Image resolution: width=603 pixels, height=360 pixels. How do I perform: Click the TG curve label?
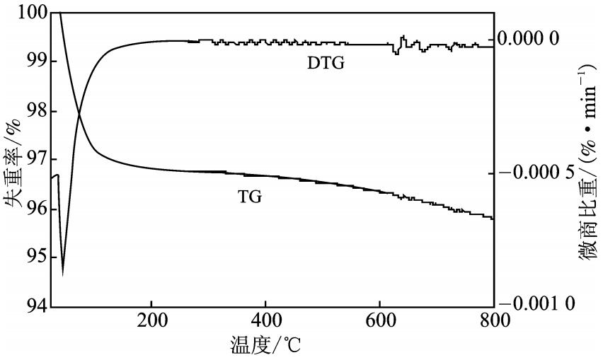(x=250, y=197)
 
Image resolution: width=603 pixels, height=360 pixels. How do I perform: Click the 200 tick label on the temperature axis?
(x=151, y=320)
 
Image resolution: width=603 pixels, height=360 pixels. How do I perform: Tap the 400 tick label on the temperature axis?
(x=265, y=320)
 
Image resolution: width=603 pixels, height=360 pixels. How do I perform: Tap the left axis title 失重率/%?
(x=12, y=161)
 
